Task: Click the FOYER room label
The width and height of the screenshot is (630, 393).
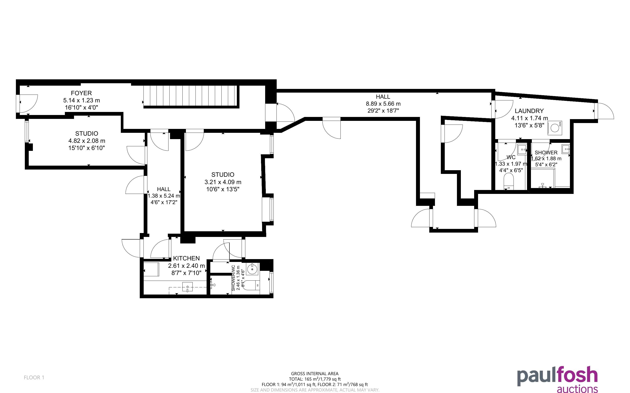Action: (81, 93)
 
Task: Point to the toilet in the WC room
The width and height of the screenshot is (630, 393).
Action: (509, 181)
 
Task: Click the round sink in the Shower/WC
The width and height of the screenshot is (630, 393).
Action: (252, 269)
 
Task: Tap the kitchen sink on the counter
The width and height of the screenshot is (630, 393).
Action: (187, 287)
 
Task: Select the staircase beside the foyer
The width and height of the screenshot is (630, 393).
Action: (191, 96)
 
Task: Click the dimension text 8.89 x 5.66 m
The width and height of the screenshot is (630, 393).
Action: (383, 104)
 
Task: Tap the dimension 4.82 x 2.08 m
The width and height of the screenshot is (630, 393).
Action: (87, 141)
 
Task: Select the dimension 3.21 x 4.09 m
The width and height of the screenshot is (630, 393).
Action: (223, 182)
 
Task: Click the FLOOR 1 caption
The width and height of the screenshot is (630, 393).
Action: (34, 377)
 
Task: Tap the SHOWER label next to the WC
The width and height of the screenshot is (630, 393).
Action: (546, 153)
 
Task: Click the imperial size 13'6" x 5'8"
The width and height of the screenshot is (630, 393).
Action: (529, 125)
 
